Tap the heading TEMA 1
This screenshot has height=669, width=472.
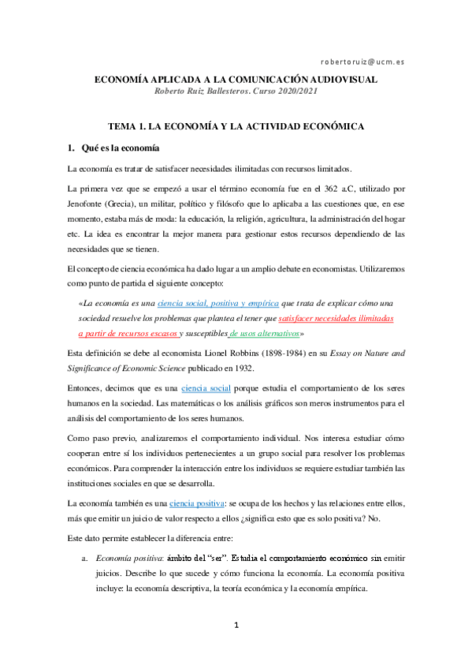tap(130, 126)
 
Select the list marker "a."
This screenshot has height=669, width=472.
tap(84, 559)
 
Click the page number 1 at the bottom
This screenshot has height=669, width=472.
tap(236, 626)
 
